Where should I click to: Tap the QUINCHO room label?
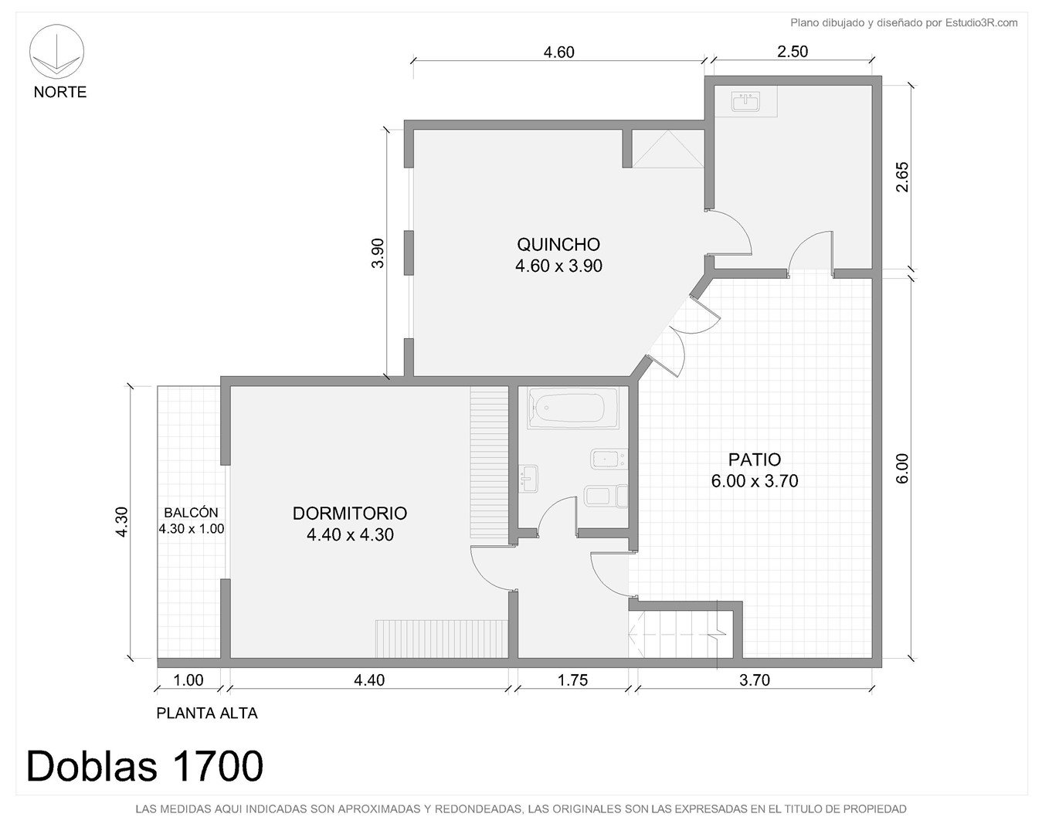[558, 245]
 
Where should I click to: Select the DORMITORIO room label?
[350, 513]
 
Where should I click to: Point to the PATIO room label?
[755, 459]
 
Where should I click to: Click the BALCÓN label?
[191, 512]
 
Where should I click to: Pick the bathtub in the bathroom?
[572, 408]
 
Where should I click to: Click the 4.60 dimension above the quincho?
[558, 52]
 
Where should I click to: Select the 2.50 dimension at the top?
[793, 51]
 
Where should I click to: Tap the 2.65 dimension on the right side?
[902, 177]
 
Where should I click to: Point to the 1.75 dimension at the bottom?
[572, 680]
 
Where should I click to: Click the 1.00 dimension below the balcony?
[188, 680]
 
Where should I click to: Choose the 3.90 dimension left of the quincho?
[377, 253]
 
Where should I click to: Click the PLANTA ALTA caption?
[207, 714]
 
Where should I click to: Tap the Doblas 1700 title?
[144, 766]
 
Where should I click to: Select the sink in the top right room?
[745, 102]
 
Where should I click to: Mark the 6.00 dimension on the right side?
[902, 469]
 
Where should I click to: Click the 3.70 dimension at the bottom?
[755, 680]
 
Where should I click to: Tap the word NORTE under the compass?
[60, 92]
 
